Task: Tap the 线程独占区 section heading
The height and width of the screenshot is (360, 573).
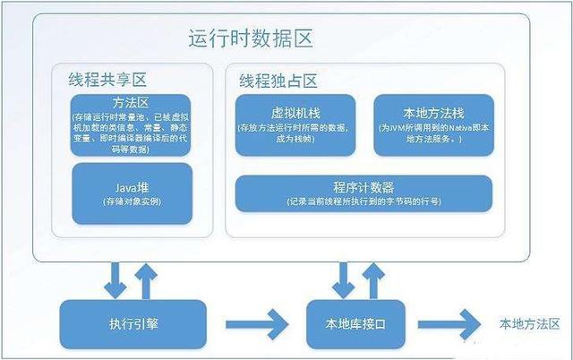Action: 278,79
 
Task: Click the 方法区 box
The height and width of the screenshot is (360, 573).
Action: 130,124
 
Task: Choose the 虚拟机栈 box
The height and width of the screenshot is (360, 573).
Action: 296,126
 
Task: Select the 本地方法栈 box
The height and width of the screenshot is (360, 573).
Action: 432,126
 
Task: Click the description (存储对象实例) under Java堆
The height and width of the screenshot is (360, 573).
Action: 130,203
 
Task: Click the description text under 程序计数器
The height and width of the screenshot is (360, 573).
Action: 363,201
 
